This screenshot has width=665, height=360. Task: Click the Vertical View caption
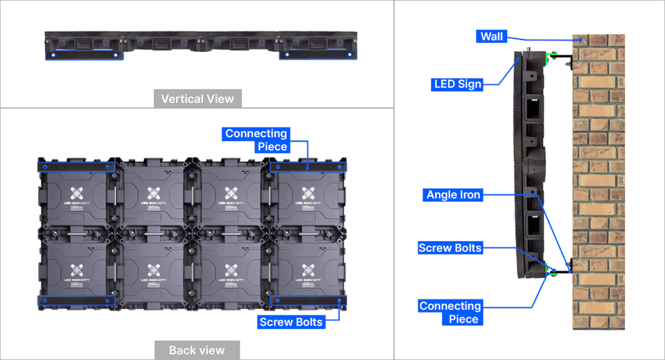point(197,99)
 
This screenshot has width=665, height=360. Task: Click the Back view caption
point(197,350)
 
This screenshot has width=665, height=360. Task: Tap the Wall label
point(493,36)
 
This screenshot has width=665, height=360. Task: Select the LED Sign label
point(456,84)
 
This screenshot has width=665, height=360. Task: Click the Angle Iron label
point(453,195)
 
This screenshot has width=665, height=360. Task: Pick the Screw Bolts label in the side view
point(450,248)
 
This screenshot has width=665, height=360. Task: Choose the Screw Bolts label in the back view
point(291,322)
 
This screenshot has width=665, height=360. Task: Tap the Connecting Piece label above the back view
point(256,140)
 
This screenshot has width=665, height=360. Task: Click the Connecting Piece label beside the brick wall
point(450,312)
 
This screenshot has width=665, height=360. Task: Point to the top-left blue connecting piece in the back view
point(76,166)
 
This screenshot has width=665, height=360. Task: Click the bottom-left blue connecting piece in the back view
point(76,300)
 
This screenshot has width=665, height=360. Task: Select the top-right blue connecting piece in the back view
point(308,166)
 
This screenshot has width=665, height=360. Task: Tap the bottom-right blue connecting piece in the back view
point(308,300)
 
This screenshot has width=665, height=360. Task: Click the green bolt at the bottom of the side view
point(552,272)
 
